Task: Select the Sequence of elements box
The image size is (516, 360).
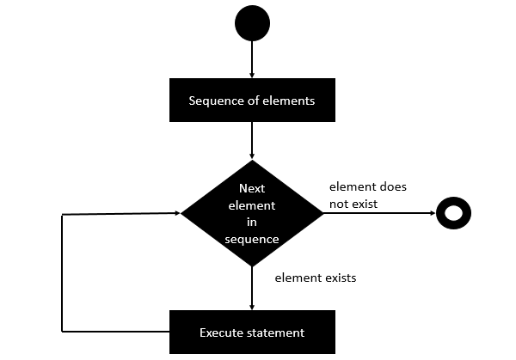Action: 251,101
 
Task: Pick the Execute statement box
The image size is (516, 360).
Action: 251,332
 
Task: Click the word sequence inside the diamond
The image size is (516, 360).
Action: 251,239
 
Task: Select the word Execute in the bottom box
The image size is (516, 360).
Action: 221,333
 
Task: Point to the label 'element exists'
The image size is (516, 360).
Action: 315,278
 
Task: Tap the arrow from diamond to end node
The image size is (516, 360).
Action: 378,212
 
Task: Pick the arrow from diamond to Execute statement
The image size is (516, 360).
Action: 251,288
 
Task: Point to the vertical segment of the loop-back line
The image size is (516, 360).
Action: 63,272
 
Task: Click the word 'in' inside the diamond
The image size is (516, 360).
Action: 251,222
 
